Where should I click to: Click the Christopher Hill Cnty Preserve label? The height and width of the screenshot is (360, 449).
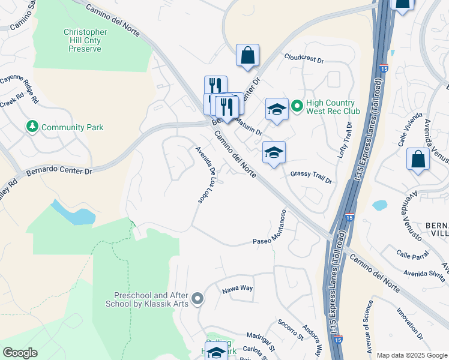click(85, 40)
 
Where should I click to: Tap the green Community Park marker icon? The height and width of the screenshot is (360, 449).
click(32, 127)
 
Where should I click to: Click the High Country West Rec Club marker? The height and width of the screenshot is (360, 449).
click(297, 106)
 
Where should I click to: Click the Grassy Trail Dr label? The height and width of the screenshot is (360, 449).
click(311, 174)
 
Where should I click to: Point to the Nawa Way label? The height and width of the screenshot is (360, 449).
click(238, 289)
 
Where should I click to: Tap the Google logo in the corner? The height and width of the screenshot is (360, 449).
click(20, 353)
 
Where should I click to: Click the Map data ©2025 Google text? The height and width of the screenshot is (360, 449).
click(412, 355)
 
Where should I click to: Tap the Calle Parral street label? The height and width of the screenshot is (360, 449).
click(412, 255)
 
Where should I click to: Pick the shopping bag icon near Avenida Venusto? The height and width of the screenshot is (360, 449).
click(418, 160)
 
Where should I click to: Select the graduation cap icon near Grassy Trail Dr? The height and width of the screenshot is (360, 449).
click(274, 152)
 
